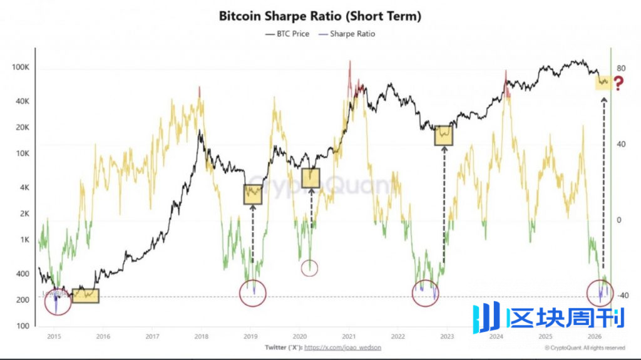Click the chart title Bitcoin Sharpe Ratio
click(x=320, y=16)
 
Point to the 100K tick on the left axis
click(x=22, y=67)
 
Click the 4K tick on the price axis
click(x=26, y=187)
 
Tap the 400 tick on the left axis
click(x=23, y=274)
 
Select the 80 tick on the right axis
click(x=622, y=68)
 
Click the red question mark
click(x=619, y=83)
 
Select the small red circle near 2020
click(x=310, y=269)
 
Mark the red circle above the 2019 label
click(x=253, y=292)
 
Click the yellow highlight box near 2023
click(x=444, y=135)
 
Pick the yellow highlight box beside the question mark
click(x=602, y=81)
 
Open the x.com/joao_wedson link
click(x=342, y=347)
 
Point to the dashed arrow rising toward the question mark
click(x=603, y=188)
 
